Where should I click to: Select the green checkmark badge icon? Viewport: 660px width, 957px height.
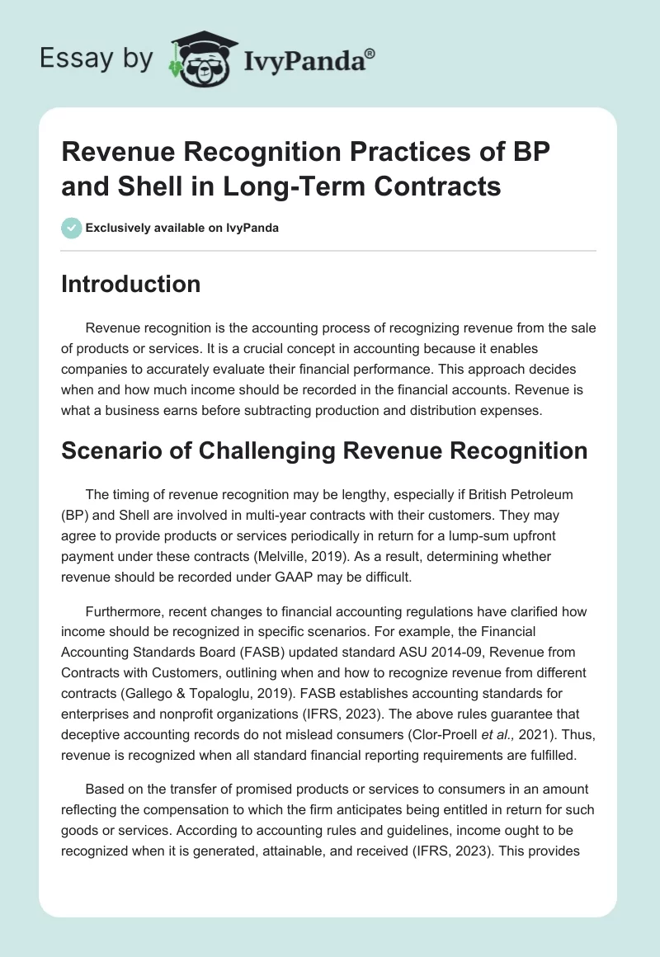72,228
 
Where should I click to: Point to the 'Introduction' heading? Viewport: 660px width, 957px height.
131,285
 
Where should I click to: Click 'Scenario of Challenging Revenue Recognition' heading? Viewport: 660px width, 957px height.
324,450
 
